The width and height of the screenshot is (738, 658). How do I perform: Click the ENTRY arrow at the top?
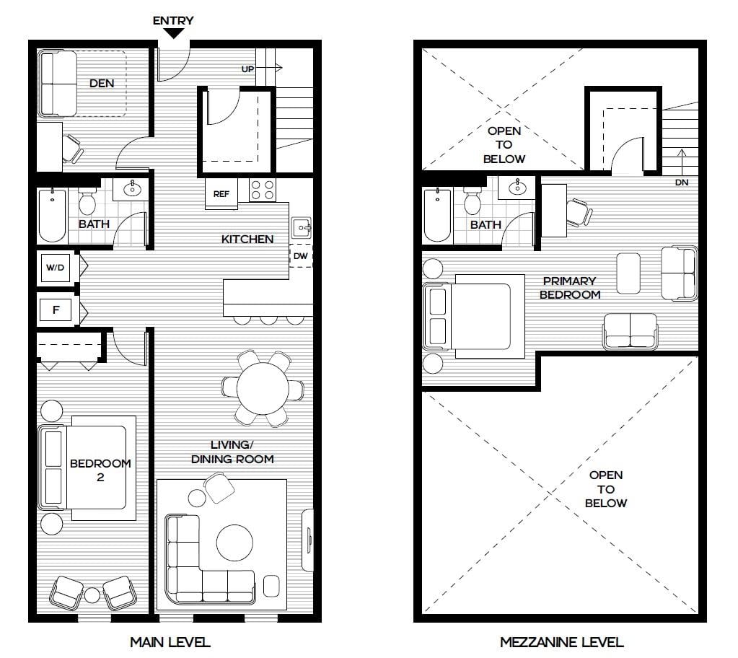[x=174, y=33]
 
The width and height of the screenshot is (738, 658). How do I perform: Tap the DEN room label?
[x=102, y=83]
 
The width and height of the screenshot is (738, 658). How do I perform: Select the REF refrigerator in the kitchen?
[x=221, y=193]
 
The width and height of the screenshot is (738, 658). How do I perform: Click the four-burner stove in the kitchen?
[x=262, y=190]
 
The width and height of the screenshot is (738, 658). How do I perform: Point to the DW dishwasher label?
[x=300, y=256]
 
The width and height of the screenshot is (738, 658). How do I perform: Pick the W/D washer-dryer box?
[x=56, y=268]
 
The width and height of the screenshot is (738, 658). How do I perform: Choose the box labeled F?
[x=56, y=310]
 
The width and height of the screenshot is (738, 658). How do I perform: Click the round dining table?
[x=263, y=388]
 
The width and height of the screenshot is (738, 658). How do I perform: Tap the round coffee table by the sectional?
[x=234, y=543]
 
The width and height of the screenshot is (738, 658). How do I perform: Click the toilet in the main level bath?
[x=87, y=201]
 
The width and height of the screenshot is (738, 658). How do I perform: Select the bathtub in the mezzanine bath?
[x=437, y=214]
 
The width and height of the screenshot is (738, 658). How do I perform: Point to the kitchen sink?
[x=302, y=228]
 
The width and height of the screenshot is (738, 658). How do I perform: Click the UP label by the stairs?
[x=247, y=69]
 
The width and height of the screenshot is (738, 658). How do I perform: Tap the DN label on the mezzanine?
[x=682, y=182]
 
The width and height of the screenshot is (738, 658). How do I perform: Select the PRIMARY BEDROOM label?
[x=570, y=288]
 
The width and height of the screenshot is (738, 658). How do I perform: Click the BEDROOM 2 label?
[x=100, y=470]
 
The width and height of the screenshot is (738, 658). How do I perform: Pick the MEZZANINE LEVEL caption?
[x=561, y=642]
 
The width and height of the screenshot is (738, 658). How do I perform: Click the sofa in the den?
[x=58, y=84]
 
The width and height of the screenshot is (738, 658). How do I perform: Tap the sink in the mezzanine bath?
[x=518, y=187]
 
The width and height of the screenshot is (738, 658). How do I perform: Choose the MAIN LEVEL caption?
[x=170, y=642]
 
